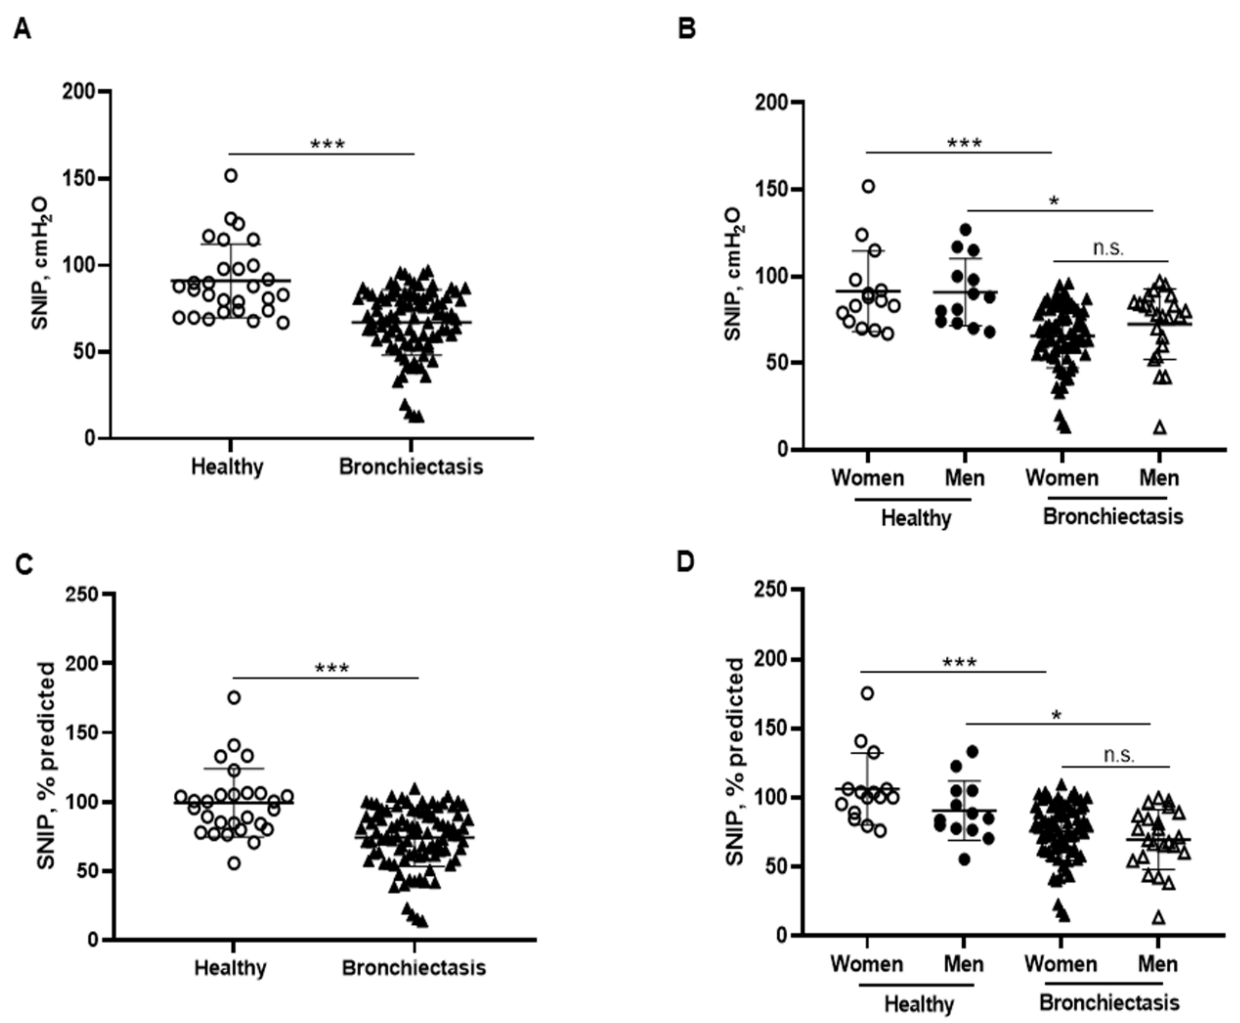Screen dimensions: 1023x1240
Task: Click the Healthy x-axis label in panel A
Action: coord(227,467)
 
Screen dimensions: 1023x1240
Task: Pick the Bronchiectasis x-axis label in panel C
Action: coord(414,968)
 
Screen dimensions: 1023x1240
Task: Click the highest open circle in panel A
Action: coord(231,175)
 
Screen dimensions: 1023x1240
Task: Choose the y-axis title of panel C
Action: coord(46,766)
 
